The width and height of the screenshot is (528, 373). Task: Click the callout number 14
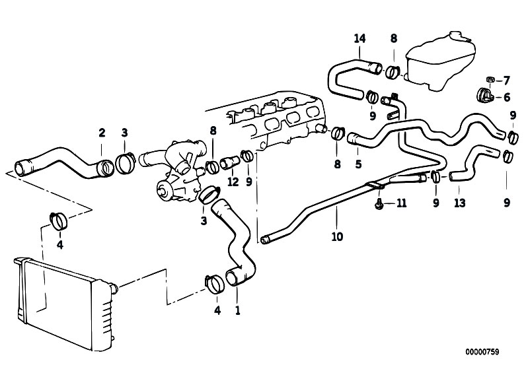pos(359,39)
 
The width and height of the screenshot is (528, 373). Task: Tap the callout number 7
pos(506,81)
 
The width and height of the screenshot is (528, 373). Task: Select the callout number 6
pos(507,98)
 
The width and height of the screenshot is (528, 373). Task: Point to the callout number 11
pos(401,203)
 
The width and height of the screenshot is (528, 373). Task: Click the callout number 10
pos(337,237)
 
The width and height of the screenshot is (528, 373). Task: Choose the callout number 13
pos(460,203)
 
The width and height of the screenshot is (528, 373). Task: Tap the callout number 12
pos(233,182)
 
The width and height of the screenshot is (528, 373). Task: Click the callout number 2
pos(102,133)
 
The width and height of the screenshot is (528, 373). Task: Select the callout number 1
pos(238,310)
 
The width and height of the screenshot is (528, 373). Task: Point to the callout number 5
pos(358,164)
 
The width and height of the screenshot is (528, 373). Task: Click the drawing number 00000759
pos(482,352)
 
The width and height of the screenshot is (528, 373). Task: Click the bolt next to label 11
pos(379,203)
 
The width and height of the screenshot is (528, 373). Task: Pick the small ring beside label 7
pos(490,79)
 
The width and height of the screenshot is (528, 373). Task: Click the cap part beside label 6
pos(484,95)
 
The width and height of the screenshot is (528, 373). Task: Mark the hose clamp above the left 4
pos(59,221)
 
